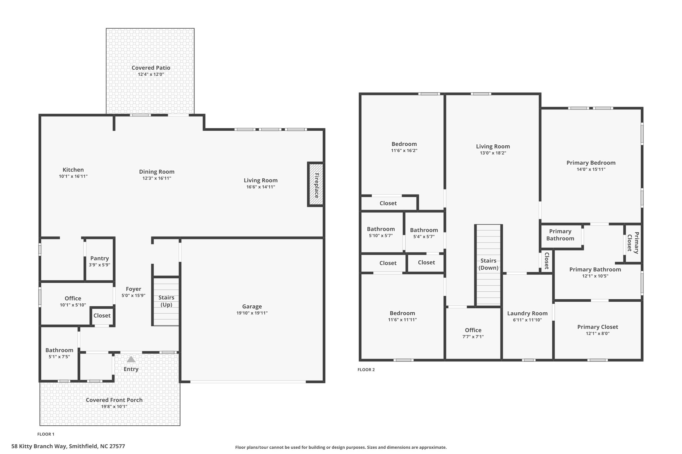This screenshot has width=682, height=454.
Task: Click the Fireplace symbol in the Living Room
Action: pos(315,185)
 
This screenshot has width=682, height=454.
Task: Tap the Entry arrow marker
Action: pos(131,359)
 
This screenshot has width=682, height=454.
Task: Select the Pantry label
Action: pos(100,258)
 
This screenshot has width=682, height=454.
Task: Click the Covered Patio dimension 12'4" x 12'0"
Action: pos(151,74)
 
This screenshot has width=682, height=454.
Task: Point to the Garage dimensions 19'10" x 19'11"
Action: pos(252,313)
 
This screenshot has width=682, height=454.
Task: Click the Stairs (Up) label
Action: pos(166,301)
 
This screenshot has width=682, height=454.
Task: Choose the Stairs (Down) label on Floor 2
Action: pos(489,264)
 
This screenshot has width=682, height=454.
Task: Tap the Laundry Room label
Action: pos(527,313)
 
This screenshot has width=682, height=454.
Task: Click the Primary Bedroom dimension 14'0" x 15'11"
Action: pos(591,169)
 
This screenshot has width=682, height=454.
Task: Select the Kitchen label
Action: pos(73,170)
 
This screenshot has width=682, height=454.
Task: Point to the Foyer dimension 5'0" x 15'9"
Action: pos(134,295)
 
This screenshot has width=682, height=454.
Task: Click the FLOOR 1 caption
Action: pos(46,434)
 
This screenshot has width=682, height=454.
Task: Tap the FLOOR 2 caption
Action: pos(366,370)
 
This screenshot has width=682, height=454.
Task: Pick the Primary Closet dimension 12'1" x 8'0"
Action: pos(598,334)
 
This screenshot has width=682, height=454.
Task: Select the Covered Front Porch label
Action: pos(114,400)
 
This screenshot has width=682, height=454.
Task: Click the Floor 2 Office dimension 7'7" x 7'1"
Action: pos(473,337)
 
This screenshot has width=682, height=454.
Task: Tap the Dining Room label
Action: pos(157,172)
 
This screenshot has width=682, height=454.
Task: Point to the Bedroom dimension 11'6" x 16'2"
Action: pos(404,150)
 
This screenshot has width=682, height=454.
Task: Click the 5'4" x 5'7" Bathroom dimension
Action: pos(424,236)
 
